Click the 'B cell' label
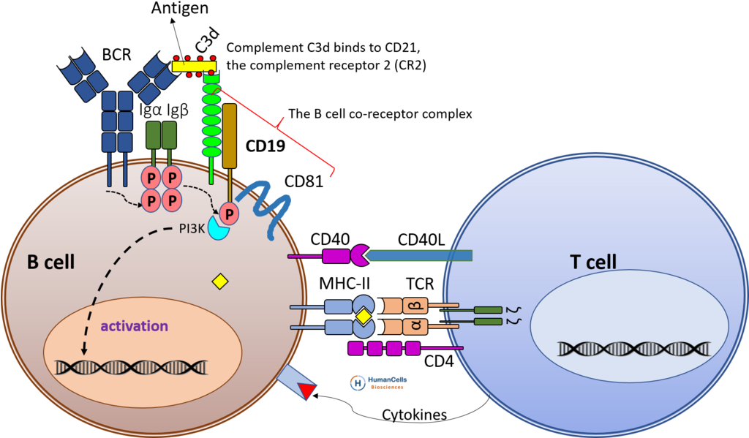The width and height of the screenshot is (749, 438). click(50, 262)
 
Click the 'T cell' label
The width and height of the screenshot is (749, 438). click(592, 262)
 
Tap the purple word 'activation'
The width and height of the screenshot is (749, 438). click(134, 326)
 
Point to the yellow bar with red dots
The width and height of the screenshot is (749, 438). click(194, 66)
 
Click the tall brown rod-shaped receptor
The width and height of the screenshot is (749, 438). click(230, 135)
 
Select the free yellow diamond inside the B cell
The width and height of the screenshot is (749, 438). click(219, 282)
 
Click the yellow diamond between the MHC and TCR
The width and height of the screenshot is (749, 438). click(364, 317)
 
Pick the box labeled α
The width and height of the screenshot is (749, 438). click(415, 325)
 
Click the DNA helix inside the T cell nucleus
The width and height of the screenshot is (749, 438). click(633, 348)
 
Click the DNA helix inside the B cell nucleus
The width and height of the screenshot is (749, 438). click(132, 366)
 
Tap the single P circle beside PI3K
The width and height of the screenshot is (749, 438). click(229, 214)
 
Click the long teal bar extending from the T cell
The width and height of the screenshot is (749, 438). click(421, 255)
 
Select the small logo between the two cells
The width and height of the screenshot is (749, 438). click(378, 382)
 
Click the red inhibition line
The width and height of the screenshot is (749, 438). click(278, 128)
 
